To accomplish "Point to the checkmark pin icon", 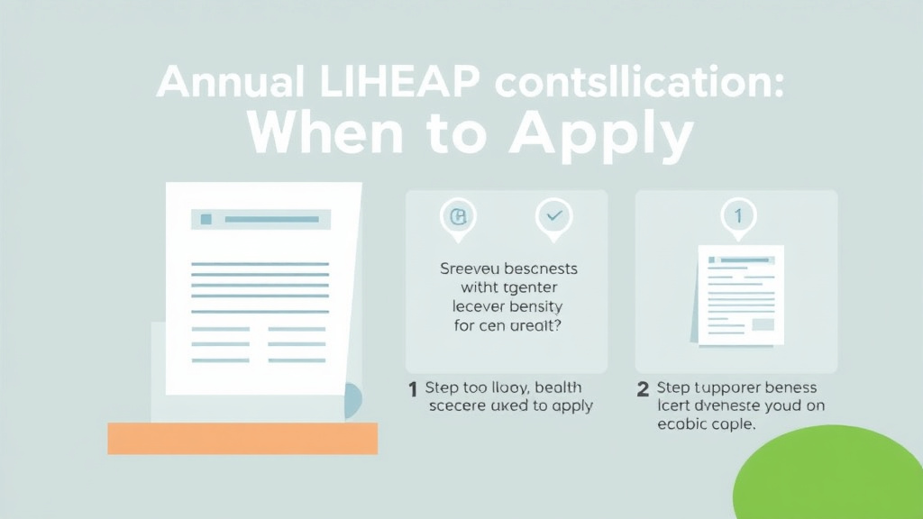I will [553, 217].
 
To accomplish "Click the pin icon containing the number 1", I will [737, 217].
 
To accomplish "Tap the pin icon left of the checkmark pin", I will [458, 217].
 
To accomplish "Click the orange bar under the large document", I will [242, 438].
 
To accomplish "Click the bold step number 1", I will [413, 388].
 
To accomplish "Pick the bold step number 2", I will [643, 388].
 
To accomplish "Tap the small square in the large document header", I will [206, 219].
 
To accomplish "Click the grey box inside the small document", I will [763, 324].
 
